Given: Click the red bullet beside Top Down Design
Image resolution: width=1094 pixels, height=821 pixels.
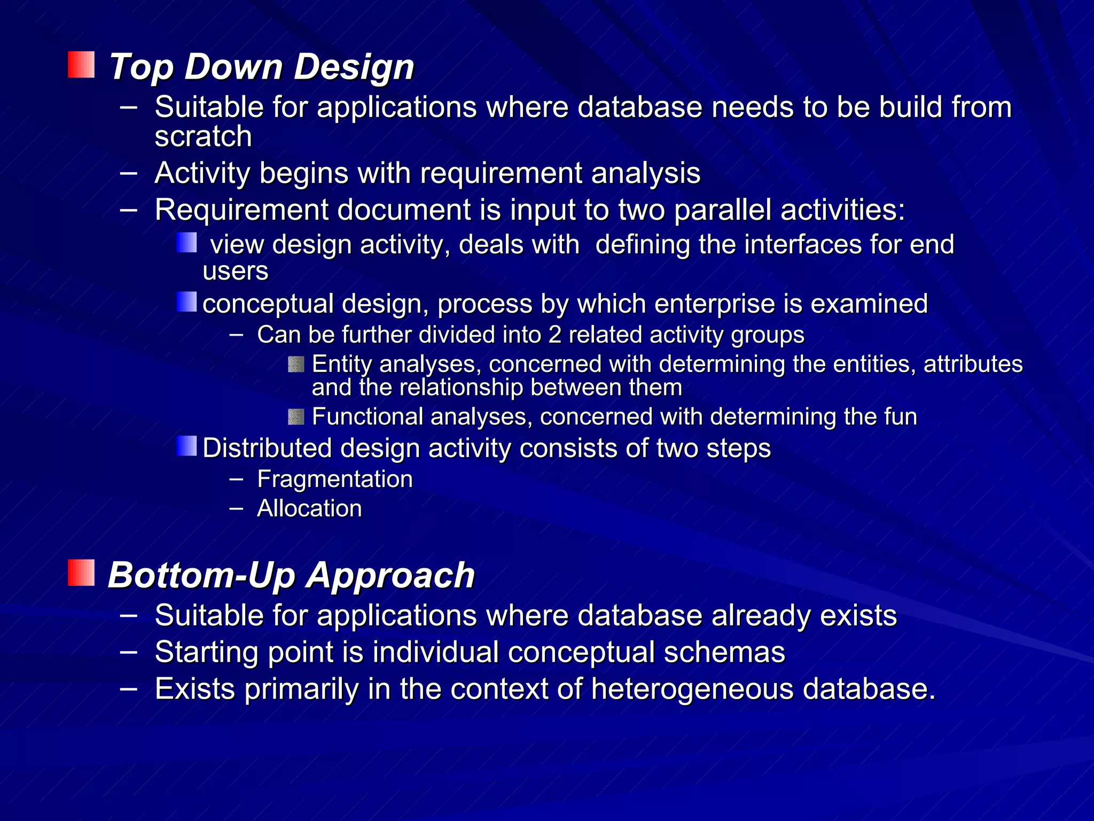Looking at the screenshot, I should click(x=81, y=65).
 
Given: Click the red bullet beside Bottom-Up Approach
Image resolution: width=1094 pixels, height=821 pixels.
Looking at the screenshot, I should click(x=81, y=573).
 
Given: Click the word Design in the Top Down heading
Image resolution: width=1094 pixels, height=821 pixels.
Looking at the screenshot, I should click(x=354, y=67).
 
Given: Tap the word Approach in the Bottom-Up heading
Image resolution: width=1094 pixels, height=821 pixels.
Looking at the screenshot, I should click(x=391, y=576).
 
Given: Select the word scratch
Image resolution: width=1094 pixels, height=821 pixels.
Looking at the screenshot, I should click(x=203, y=136).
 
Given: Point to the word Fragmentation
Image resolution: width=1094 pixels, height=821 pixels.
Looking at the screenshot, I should click(x=335, y=479).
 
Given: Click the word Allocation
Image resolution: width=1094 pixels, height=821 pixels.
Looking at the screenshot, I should click(x=309, y=508).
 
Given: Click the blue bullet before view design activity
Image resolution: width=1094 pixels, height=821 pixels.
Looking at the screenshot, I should click(x=186, y=243).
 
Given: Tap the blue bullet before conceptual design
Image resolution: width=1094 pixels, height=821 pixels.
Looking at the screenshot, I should click(x=186, y=302).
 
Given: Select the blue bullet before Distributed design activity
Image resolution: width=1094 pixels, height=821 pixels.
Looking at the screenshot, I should click(x=186, y=446).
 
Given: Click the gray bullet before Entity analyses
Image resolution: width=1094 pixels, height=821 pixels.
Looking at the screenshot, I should click(x=296, y=365).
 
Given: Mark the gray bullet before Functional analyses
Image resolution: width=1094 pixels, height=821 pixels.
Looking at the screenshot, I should click(x=296, y=417).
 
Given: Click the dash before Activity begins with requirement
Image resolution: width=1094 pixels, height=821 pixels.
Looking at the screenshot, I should click(x=129, y=173).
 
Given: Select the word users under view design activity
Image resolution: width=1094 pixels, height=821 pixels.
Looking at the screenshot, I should click(x=236, y=272).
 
